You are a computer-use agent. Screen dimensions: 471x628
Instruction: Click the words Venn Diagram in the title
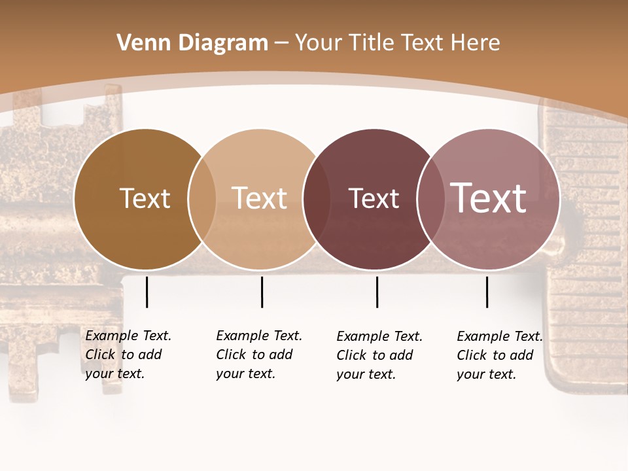(x=192, y=43)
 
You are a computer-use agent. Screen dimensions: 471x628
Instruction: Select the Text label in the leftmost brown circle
(x=145, y=199)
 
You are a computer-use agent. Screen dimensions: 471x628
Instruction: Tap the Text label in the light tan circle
(x=259, y=199)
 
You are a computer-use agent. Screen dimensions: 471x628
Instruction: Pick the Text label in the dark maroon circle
(x=374, y=199)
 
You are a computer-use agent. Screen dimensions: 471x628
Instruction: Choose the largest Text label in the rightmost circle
(x=488, y=198)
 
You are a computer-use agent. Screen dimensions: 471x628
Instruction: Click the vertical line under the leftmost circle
(x=147, y=292)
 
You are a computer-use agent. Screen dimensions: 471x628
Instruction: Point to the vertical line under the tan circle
(x=262, y=292)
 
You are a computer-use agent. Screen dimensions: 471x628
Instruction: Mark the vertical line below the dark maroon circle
(x=377, y=292)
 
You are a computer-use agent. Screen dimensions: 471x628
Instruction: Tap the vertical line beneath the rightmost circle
(x=487, y=292)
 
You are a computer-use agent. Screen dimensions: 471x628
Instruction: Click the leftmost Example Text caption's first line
(x=128, y=336)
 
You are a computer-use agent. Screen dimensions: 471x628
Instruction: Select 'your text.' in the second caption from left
(x=245, y=374)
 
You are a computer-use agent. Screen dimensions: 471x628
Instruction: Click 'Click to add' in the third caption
(x=374, y=355)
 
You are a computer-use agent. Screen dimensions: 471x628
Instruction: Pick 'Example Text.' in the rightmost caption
(x=500, y=336)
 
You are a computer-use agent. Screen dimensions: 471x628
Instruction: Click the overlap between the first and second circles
(x=202, y=199)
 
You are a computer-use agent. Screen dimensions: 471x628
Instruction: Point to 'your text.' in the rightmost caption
(x=486, y=374)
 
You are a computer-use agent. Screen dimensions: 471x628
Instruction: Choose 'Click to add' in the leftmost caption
(x=123, y=355)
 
